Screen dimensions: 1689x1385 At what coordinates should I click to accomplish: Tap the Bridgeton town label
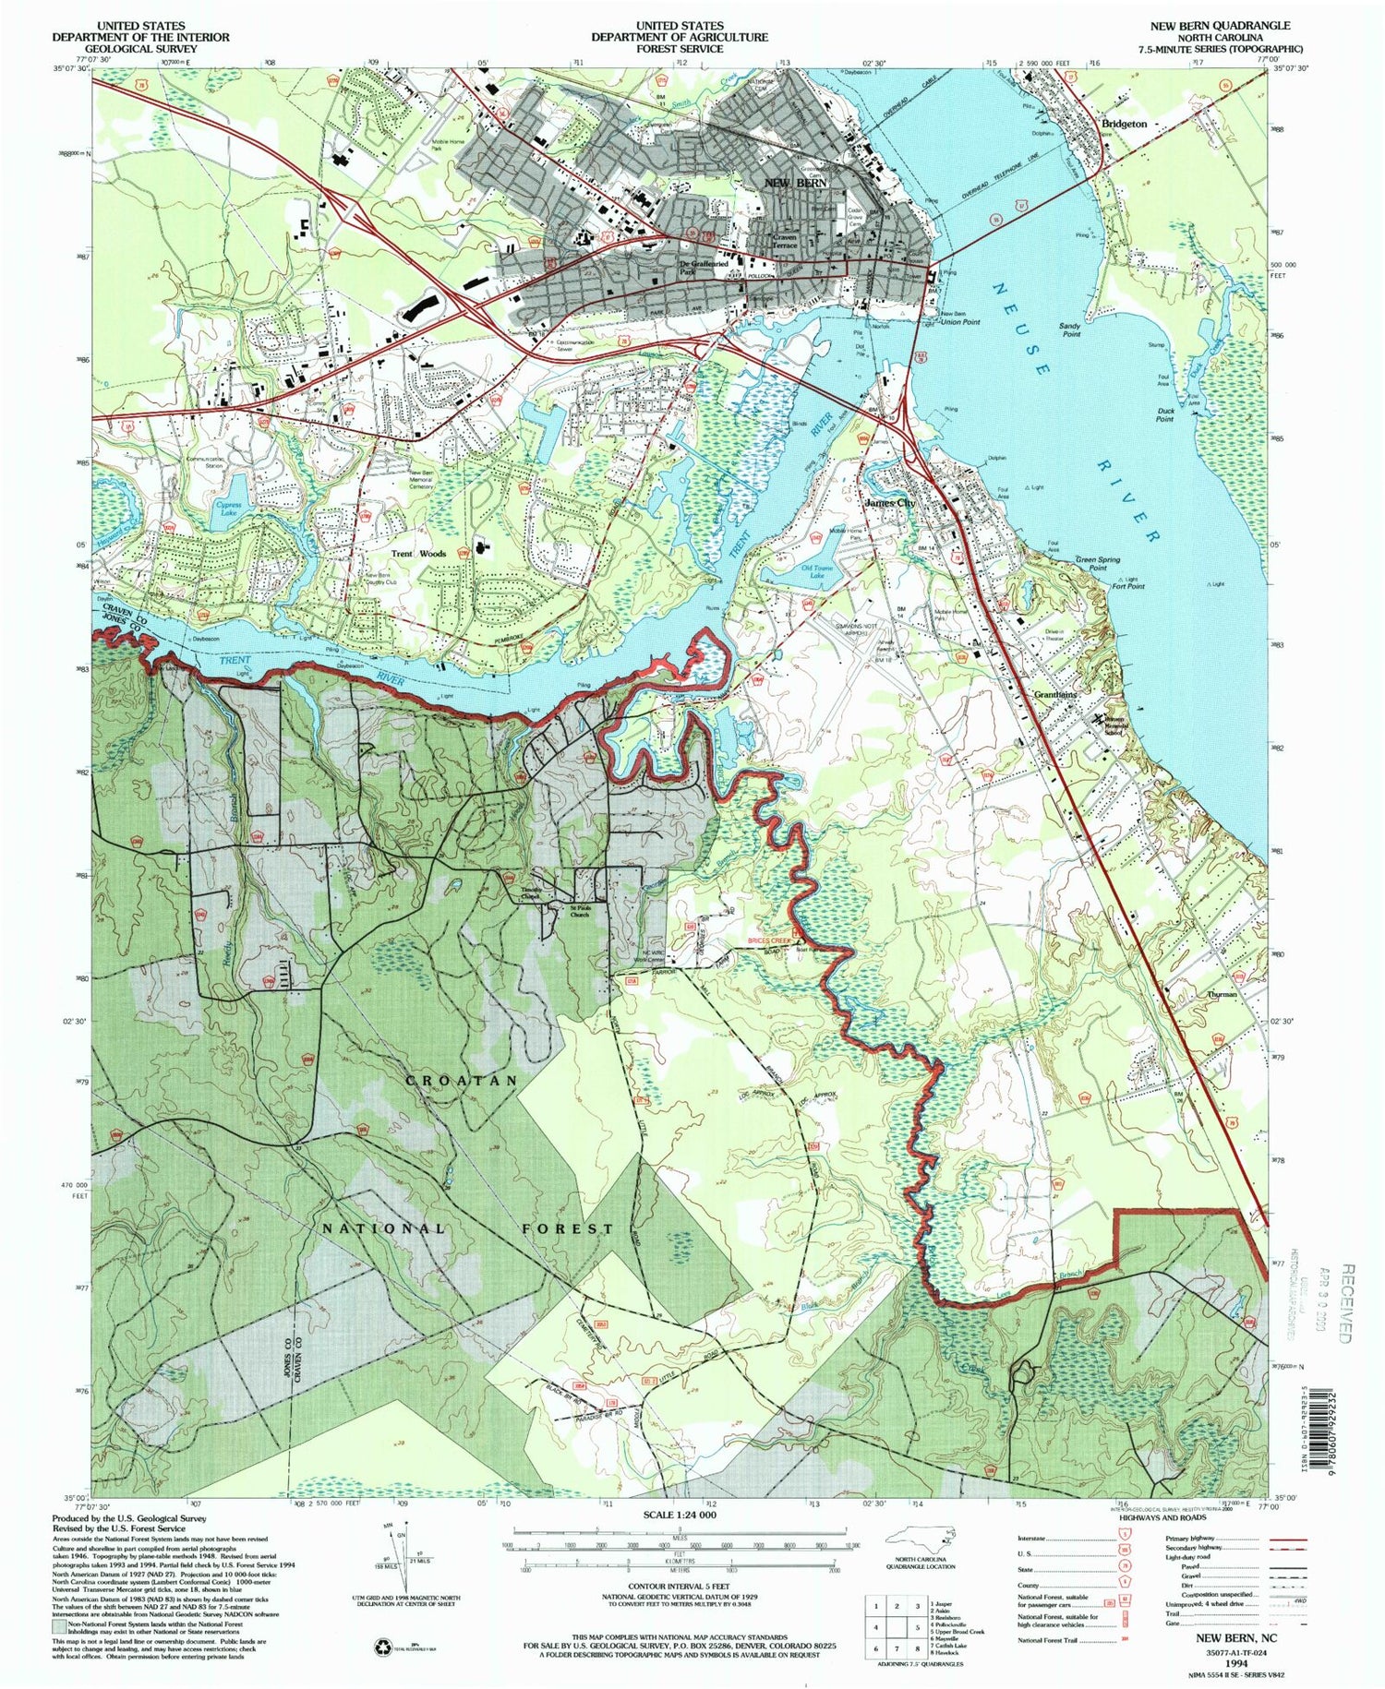pos(1124,123)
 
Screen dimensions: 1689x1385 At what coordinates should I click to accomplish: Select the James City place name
pos(889,503)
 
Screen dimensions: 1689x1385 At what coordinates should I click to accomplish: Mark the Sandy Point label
pos(1069,329)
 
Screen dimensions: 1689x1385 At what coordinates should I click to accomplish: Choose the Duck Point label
pos(1164,415)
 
